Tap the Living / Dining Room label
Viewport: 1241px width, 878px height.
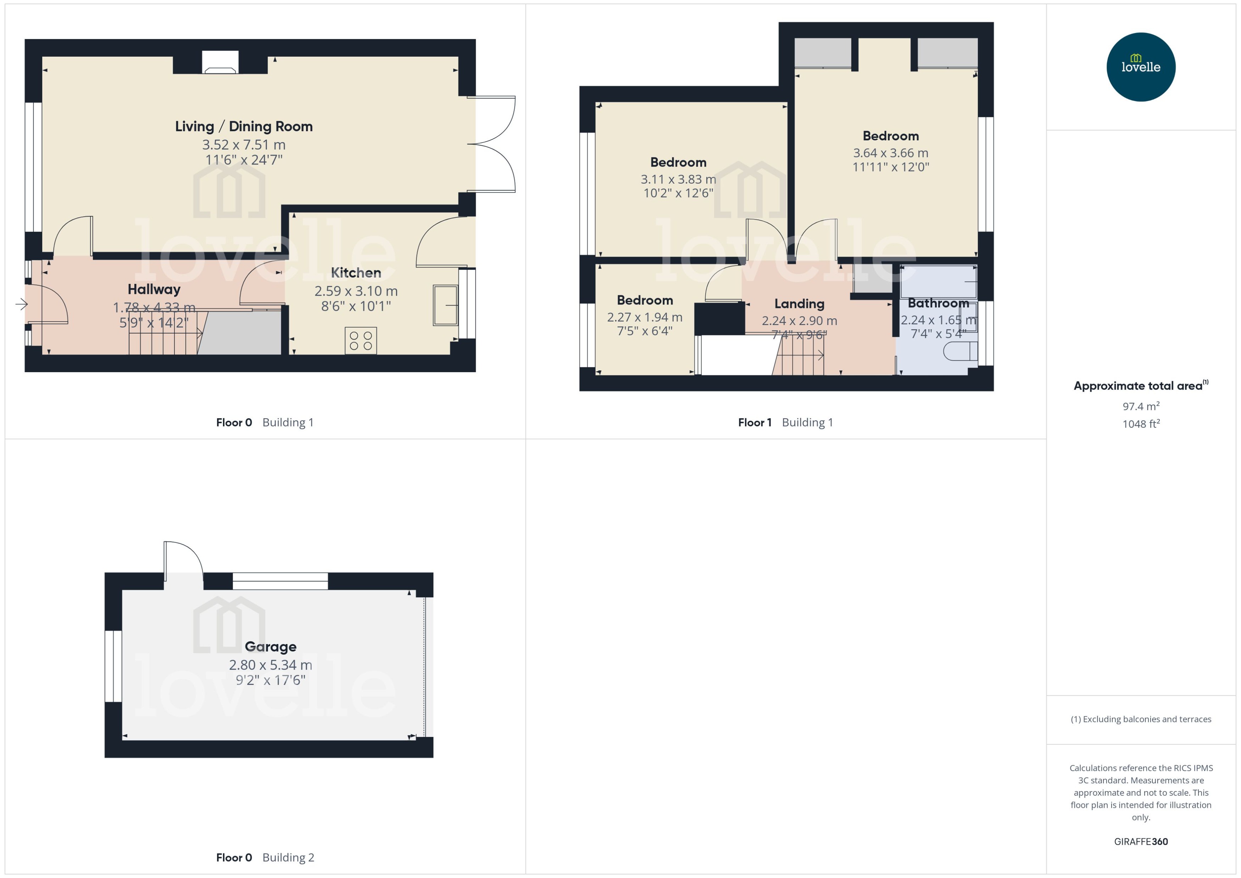(244, 127)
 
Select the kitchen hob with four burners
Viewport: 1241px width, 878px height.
(361, 341)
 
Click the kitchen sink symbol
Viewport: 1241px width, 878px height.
(445, 306)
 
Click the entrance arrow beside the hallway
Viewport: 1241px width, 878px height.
(21, 304)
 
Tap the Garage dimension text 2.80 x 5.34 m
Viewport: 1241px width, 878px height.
(271, 665)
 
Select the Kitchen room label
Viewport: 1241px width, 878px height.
(356, 273)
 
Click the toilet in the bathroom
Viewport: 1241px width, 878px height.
(960, 351)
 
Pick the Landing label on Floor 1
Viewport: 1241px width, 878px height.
(799, 304)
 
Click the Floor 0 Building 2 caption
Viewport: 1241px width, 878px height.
(265, 857)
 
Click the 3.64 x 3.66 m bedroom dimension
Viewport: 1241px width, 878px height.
(891, 153)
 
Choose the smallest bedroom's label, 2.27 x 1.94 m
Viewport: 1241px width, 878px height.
(645, 317)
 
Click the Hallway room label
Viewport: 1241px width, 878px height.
(154, 289)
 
